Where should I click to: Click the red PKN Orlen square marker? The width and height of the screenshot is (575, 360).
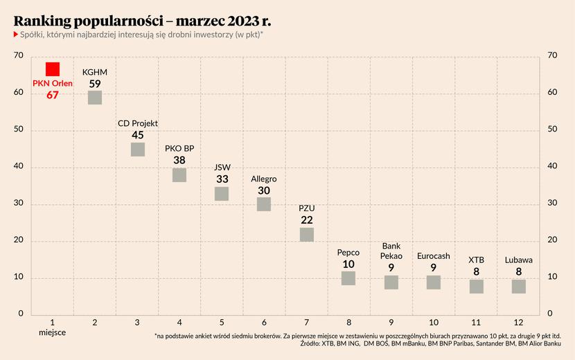coord(53,69)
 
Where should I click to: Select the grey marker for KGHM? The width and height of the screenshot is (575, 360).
coord(95,98)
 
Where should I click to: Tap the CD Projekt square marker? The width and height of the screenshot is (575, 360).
coord(138,150)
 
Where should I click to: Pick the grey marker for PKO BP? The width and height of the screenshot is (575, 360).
coord(179,175)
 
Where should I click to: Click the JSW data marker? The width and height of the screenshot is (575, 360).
coord(222,194)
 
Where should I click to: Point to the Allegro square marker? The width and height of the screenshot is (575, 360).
coord(264,204)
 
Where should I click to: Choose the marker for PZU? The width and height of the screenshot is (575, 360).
coord(307,235)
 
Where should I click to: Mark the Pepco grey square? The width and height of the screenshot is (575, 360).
coord(348,278)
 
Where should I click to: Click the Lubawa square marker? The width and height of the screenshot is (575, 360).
coord(519,287)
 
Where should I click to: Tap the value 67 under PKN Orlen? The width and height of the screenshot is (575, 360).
coord(53,96)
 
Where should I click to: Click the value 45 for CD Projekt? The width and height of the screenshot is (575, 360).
coord(138,135)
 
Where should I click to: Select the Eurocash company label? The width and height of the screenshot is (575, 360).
coord(434,256)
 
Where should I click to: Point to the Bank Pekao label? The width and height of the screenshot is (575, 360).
coord(391,251)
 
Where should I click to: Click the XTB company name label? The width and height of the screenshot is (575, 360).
coord(477,260)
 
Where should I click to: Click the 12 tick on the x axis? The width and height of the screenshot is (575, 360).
coord(519,323)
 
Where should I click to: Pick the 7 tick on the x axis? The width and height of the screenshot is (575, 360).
coord(307,323)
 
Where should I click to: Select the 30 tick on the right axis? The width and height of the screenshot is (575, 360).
coord(553,204)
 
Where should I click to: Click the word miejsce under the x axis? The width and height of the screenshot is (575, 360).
coord(53,333)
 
